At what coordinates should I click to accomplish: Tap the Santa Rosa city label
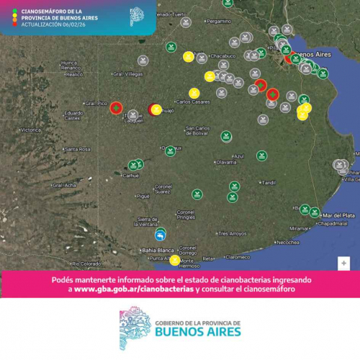(x=77, y=149)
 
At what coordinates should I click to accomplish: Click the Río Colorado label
(x=86, y=264)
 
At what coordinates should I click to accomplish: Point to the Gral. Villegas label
(x=128, y=73)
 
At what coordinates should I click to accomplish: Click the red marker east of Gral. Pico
(x=116, y=107)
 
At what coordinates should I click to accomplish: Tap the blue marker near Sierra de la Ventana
(x=160, y=234)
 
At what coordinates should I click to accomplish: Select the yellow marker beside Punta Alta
(x=174, y=260)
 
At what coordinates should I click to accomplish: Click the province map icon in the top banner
(x=136, y=16)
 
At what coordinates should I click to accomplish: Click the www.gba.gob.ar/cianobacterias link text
(x=135, y=289)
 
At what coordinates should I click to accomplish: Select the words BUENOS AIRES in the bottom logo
(x=199, y=331)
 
